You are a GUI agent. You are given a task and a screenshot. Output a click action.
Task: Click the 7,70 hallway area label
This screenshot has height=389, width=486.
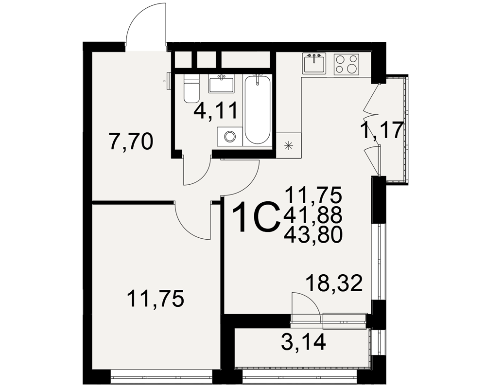pyautogui.click(x=131, y=142)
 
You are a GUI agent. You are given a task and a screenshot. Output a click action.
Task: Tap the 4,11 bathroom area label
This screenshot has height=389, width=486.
pyautogui.click(x=215, y=111)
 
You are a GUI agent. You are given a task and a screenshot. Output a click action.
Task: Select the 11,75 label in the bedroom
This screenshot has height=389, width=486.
pyautogui.click(x=156, y=299)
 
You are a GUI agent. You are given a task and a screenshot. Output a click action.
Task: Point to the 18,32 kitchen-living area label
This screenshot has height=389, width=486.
pyautogui.click(x=334, y=283)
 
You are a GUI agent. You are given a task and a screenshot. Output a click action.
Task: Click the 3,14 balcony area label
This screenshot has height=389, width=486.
pyautogui.click(x=303, y=342)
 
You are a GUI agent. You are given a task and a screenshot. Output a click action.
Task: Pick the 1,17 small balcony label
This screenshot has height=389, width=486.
pyautogui.click(x=382, y=130)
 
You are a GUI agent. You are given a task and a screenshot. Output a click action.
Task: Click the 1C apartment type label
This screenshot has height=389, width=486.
pyautogui.click(x=256, y=217)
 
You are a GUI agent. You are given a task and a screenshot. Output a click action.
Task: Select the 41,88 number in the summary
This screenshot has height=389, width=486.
pyautogui.click(x=313, y=215)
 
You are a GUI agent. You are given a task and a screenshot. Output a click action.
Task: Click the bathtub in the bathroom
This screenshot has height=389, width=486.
pyautogui.click(x=257, y=109)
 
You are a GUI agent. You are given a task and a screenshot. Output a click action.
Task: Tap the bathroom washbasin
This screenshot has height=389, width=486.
pyautogui.click(x=221, y=84)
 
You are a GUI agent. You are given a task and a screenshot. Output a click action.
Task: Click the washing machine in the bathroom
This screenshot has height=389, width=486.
pyautogui.click(x=230, y=136)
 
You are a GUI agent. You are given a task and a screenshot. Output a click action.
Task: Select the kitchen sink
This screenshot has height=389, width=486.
pyautogui.click(x=314, y=64)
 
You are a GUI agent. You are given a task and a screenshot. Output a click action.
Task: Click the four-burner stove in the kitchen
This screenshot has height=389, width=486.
pyautogui.click(x=346, y=64)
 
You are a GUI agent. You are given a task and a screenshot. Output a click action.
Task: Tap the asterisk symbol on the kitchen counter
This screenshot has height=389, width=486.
pyautogui.click(x=289, y=145)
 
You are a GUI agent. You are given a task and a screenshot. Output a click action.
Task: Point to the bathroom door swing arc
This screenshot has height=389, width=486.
pyautogui.click(x=202, y=177)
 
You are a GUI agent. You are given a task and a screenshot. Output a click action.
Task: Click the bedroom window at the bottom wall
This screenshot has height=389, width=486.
pyautogui.click(x=161, y=377)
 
